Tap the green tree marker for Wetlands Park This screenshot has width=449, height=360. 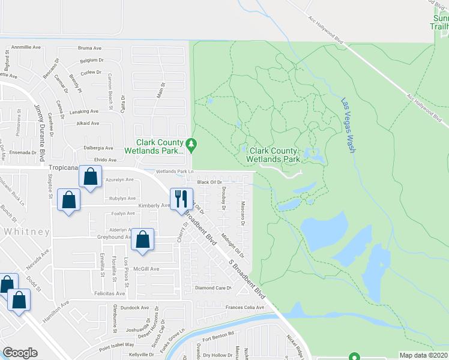pyautogui.click(x=191, y=144)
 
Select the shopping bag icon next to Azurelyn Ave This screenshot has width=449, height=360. pyautogui.click(x=90, y=178)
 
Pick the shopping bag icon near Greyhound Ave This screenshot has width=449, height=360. pyautogui.click(x=143, y=240)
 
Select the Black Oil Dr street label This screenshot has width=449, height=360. pyautogui.click(x=210, y=182)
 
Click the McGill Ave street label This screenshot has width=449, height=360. pyautogui.click(x=146, y=269)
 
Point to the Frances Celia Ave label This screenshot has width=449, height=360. pyautogui.click(x=244, y=308)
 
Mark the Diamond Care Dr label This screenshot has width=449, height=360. pyautogui.click(x=214, y=288)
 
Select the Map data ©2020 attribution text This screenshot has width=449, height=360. pyautogui.click(x=424, y=355)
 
